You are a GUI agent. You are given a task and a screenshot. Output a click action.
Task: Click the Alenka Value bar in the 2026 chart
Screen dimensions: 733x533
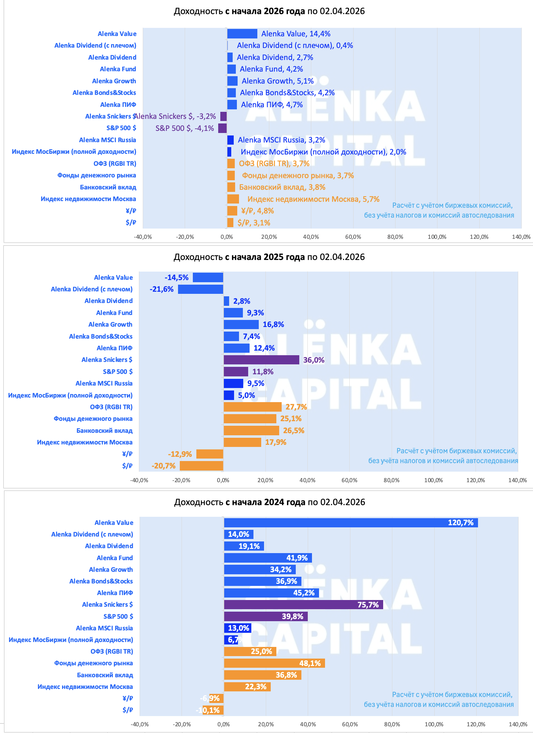click(x=242, y=34)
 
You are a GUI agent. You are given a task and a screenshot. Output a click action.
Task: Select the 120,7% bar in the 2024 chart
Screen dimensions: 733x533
click(x=351, y=523)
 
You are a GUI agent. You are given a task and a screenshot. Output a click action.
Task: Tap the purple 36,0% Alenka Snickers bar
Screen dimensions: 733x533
click(x=261, y=360)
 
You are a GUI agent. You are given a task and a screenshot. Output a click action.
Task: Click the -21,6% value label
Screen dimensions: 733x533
click(x=161, y=289)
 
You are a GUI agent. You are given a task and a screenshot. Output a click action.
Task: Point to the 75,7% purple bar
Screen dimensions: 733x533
click(x=303, y=605)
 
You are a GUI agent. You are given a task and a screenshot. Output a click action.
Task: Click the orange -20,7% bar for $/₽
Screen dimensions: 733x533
click(x=201, y=466)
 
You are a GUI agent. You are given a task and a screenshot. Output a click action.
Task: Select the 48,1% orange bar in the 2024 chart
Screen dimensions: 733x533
click(x=274, y=663)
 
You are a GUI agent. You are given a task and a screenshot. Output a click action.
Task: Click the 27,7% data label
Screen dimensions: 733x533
click(x=296, y=407)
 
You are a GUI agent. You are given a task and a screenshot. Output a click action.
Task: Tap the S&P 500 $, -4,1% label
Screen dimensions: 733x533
click(x=185, y=128)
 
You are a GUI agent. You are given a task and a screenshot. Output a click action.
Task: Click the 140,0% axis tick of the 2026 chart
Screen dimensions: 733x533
click(x=521, y=237)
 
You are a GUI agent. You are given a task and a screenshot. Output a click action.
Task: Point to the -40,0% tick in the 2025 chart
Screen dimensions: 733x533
click(x=139, y=480)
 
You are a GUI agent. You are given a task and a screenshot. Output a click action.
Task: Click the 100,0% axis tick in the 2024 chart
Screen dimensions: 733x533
click(x=434, y=725)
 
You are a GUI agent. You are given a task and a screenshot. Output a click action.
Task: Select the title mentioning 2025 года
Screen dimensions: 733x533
click(x=269, y=257)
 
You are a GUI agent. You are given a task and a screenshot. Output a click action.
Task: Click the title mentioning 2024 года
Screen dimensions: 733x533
click(x=269, y=502)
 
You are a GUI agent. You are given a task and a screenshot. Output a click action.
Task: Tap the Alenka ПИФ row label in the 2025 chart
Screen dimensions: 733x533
click(x=115, y=348)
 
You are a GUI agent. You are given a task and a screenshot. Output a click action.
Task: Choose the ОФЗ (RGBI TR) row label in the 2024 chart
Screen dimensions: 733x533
click(x=112, y=652)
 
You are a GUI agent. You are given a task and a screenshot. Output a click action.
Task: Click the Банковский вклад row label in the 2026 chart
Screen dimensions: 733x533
click(x=108, y=187)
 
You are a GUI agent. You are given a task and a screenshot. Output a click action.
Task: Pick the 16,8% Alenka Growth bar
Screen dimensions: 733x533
click(x=241, y=325)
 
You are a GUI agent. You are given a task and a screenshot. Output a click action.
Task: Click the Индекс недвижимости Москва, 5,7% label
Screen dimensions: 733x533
click(x=313, y=199)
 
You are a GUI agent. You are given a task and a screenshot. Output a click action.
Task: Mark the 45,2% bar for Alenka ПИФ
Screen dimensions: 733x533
click(x=271, y=593)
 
